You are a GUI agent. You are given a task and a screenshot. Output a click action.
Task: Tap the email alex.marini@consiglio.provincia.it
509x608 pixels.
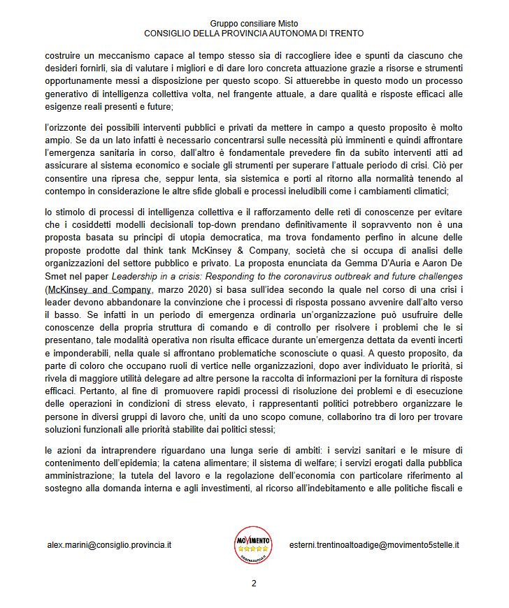coord(110,544)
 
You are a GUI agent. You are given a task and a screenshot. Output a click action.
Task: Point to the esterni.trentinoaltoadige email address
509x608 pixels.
coord(378,544)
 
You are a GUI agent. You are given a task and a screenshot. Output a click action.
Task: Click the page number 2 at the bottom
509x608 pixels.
coord(254,583)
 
